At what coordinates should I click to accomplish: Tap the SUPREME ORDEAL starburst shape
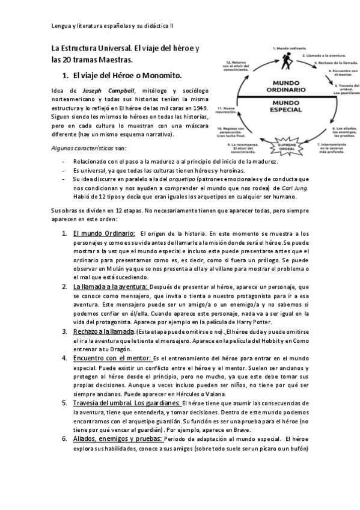(x=282, y=141)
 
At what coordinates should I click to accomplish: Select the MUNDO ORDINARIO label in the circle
(x=282, y=86)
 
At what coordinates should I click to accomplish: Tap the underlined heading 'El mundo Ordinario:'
(x=103, y=233)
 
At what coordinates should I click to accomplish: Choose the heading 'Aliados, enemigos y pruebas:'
(x=117, y=439)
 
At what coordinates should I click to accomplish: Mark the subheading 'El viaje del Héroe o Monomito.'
(x=126, y=76)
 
